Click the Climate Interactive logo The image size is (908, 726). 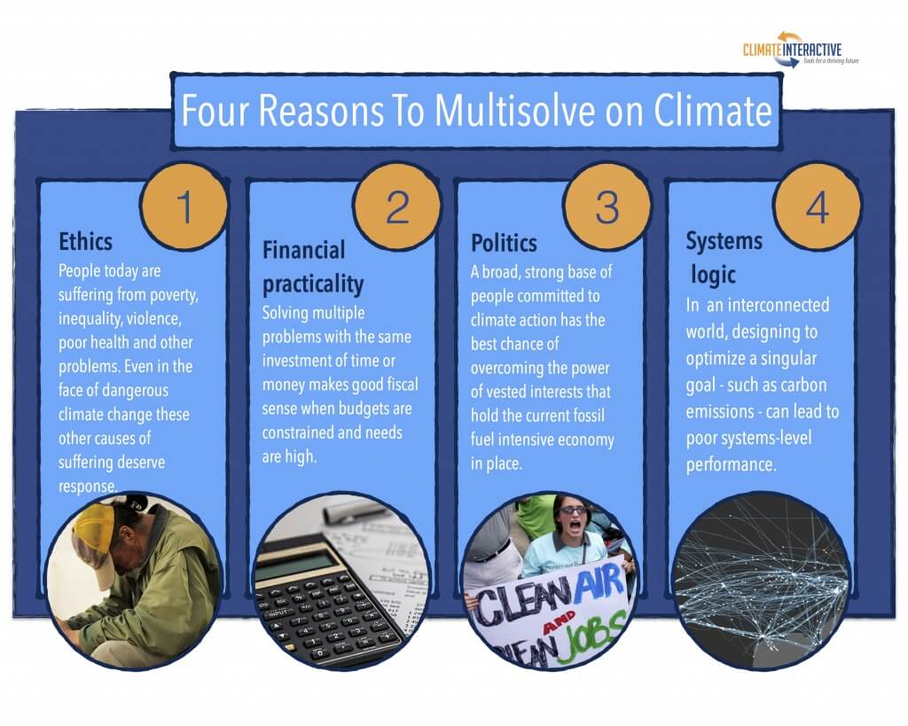[x=801, y=51]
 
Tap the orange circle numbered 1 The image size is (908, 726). [x=184, y=207]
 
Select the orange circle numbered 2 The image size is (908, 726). [x=396, y=207]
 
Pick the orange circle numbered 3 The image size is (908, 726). [x=607, y=207]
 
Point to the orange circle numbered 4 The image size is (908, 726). [x=817, y=207]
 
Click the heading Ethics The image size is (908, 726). [x=85, y=241]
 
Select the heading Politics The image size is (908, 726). [x=504, y=243]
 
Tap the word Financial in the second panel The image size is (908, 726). [x=303, y=250]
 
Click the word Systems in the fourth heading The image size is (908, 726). [x=724, y=241]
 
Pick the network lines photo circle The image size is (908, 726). [x=760, y=581]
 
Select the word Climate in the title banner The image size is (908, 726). [x=713, y=110]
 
